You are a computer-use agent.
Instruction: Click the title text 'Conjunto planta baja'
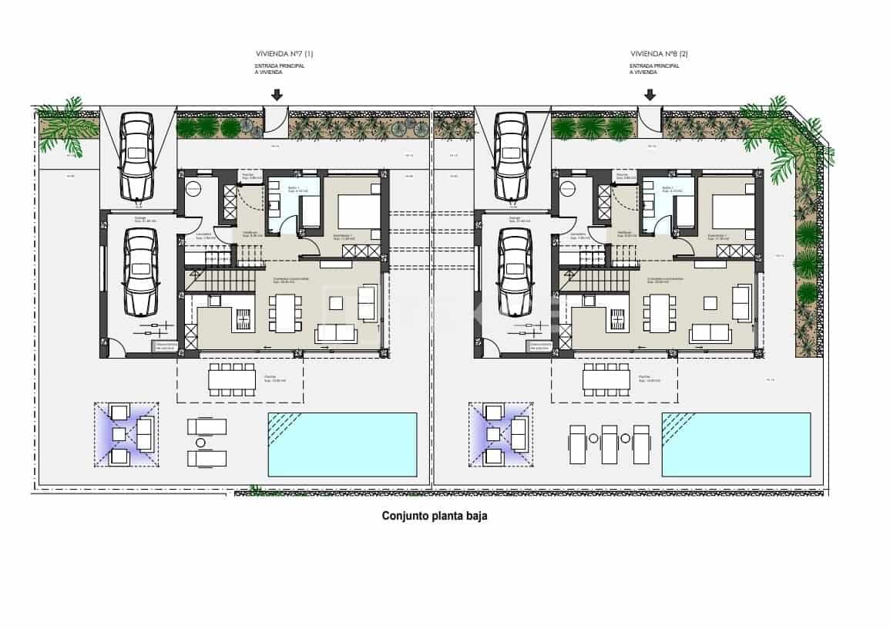point(435,517)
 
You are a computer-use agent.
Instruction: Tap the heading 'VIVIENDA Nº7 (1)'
point(284,54)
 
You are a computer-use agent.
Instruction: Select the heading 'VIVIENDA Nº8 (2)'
point(660,54)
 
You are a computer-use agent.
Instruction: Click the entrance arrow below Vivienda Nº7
point(276,95)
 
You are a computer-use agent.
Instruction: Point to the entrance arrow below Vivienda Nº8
point(650,95)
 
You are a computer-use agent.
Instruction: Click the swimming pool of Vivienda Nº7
point(342,443)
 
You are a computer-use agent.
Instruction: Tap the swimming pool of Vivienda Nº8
point(736,444)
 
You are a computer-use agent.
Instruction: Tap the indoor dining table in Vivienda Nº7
point(286,313)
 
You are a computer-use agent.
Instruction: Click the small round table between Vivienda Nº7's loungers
point(201,443)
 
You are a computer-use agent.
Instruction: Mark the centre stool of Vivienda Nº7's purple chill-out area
point(119,434)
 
